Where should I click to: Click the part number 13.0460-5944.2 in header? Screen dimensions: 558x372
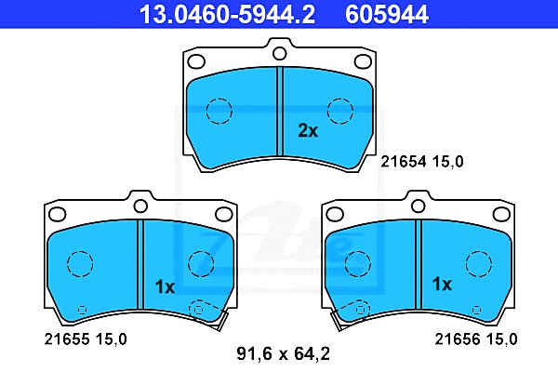point(227,14)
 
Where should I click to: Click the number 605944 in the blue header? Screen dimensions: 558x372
point(387,14)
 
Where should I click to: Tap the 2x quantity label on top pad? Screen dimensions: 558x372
point(308,130)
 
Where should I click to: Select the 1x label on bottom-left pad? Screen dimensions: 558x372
point(165,286)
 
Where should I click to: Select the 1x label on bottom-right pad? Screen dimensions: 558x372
point(442,284)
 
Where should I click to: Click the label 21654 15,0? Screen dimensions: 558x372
point(422,162)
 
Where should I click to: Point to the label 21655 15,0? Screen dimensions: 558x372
point(86,339)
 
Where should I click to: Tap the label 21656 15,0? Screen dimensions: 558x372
point(476,339)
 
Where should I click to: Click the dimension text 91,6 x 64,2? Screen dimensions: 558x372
point(284,353)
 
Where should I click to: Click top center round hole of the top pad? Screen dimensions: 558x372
point(279,54)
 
